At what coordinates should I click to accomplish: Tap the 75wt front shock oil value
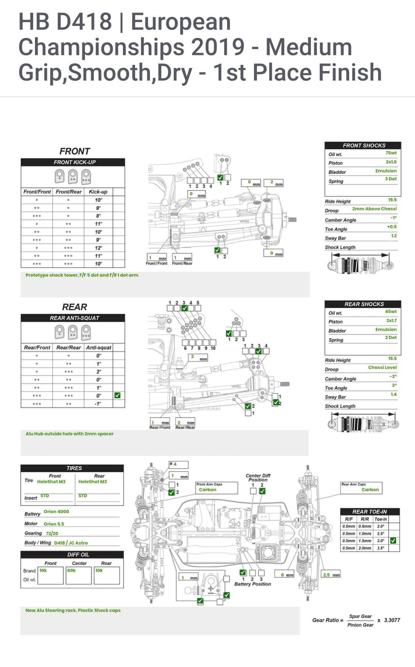point(391,153)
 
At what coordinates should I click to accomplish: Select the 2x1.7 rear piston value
point(391,321)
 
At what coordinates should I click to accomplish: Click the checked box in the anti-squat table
point(117,395)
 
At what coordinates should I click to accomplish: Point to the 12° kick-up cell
point(98,248)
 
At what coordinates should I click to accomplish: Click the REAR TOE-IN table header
point(370,512)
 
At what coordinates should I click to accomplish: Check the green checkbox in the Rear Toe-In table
point(393,540)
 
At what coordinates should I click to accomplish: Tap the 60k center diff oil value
point(71,570)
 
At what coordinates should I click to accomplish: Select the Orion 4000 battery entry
point(56,512)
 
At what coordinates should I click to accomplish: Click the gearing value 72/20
point(52,533)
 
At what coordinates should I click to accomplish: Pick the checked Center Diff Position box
point(262,491)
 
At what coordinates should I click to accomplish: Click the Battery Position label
point(253,584)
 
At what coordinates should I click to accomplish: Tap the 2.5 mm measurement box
point(331,575)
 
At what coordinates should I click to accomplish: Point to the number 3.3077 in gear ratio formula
point(392,620)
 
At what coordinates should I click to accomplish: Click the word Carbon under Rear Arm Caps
point(370,490)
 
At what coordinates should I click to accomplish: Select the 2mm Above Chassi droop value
point(374,209)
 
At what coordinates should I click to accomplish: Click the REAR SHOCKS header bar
point(364,304)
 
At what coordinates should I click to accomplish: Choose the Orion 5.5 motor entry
point(54,524)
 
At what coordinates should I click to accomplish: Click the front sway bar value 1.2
point(394,236)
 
